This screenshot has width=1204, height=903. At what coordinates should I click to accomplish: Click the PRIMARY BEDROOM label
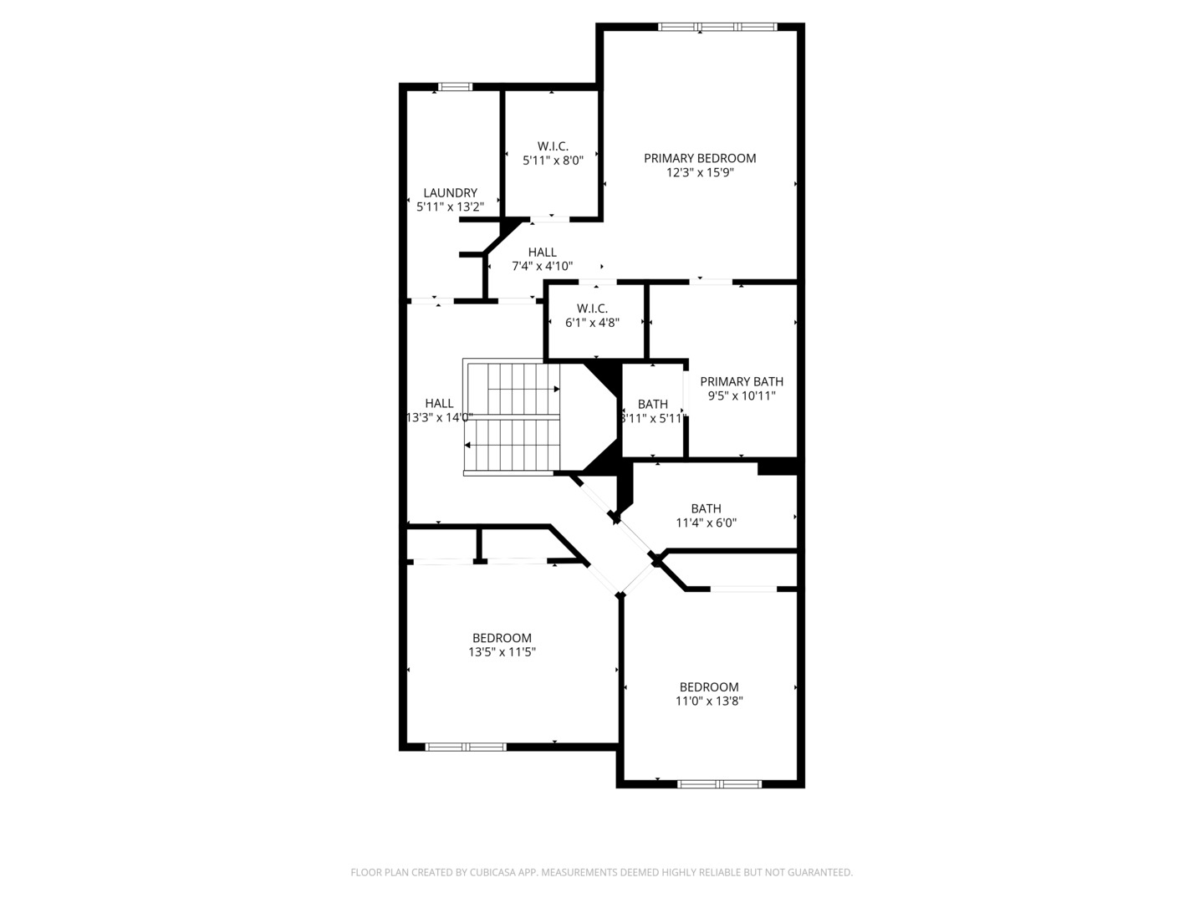point(699,159)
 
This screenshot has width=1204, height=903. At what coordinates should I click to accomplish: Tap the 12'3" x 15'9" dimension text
point(700,173)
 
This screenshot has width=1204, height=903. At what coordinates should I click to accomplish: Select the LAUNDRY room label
point(450,193)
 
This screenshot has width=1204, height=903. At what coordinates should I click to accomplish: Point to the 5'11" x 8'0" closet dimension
point(553,161)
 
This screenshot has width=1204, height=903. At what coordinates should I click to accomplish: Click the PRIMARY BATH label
point(742,381)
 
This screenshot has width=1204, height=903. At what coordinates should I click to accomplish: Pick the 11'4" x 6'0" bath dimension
point(706,523)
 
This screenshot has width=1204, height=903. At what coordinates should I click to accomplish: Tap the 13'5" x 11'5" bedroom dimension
point(502,652)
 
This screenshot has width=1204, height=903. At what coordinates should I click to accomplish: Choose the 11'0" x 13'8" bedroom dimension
point(709,701)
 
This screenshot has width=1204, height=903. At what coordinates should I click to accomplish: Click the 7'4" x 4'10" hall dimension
point(542,267)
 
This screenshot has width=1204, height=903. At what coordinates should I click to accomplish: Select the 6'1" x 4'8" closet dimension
point(592,323)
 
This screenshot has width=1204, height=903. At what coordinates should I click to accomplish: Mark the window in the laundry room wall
point(456,87)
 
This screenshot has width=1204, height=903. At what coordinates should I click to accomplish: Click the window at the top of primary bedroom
point(717,26)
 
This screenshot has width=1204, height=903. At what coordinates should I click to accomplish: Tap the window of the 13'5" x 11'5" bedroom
point(466,747)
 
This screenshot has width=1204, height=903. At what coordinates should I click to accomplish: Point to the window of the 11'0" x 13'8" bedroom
point(720,784)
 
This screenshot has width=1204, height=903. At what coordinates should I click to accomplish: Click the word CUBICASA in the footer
point(492,872)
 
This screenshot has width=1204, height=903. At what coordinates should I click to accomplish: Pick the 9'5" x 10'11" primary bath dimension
point(742,395)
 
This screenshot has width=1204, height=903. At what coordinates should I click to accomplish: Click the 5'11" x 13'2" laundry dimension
point(450,207)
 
